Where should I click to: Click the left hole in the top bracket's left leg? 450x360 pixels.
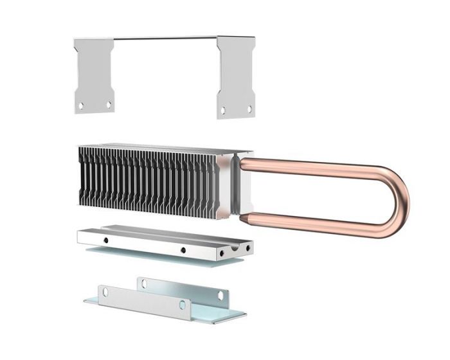pos(81,105)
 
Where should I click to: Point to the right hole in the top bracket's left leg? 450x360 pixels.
pos(108,104)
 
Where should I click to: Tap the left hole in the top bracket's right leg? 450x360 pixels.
pos(223,111)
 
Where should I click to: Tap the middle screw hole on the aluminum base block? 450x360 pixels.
pos(183,249)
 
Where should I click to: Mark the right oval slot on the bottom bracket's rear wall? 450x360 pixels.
pos(220,295)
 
